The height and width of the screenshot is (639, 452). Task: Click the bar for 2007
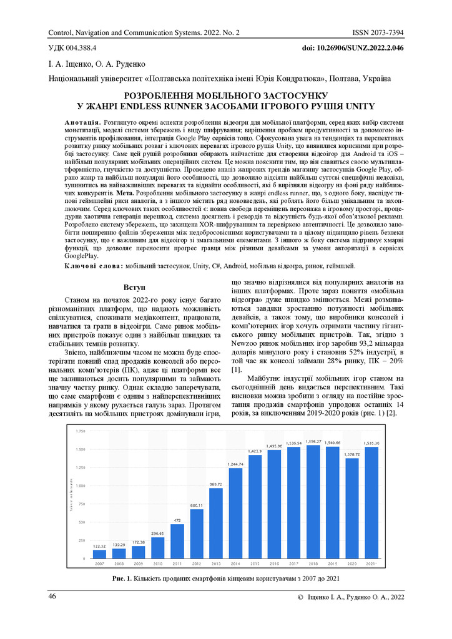coord(99,554)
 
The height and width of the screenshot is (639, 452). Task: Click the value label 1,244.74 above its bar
coord(236,464)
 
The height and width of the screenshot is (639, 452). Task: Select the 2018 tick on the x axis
coord(314,563)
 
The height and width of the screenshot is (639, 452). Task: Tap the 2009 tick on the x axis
coord(139,563)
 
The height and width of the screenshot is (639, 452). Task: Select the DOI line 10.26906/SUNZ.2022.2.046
coord(353,47)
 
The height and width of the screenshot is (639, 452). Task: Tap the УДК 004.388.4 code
coord(72,47)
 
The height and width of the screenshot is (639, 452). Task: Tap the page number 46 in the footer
coord(53,598)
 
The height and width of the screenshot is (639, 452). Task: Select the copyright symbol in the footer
coord(302,598)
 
